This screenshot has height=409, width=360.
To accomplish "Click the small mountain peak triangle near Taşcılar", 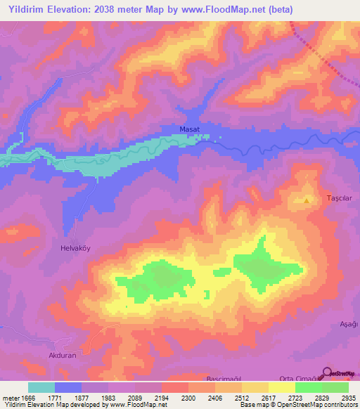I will (x=307, y=200).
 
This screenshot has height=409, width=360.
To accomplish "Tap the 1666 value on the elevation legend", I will (x=27, y=398).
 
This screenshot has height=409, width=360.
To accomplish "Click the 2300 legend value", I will (x=188, y=398).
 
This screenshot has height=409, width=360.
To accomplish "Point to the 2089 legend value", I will (x=135, y=398).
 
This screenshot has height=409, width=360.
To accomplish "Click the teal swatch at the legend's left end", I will (x=41, y=387).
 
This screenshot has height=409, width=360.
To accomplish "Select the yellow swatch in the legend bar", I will (x=282, y=387).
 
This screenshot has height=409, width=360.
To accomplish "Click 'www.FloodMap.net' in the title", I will (x=225, y=9).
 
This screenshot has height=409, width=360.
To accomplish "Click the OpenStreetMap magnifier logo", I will (x=327, y=374).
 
